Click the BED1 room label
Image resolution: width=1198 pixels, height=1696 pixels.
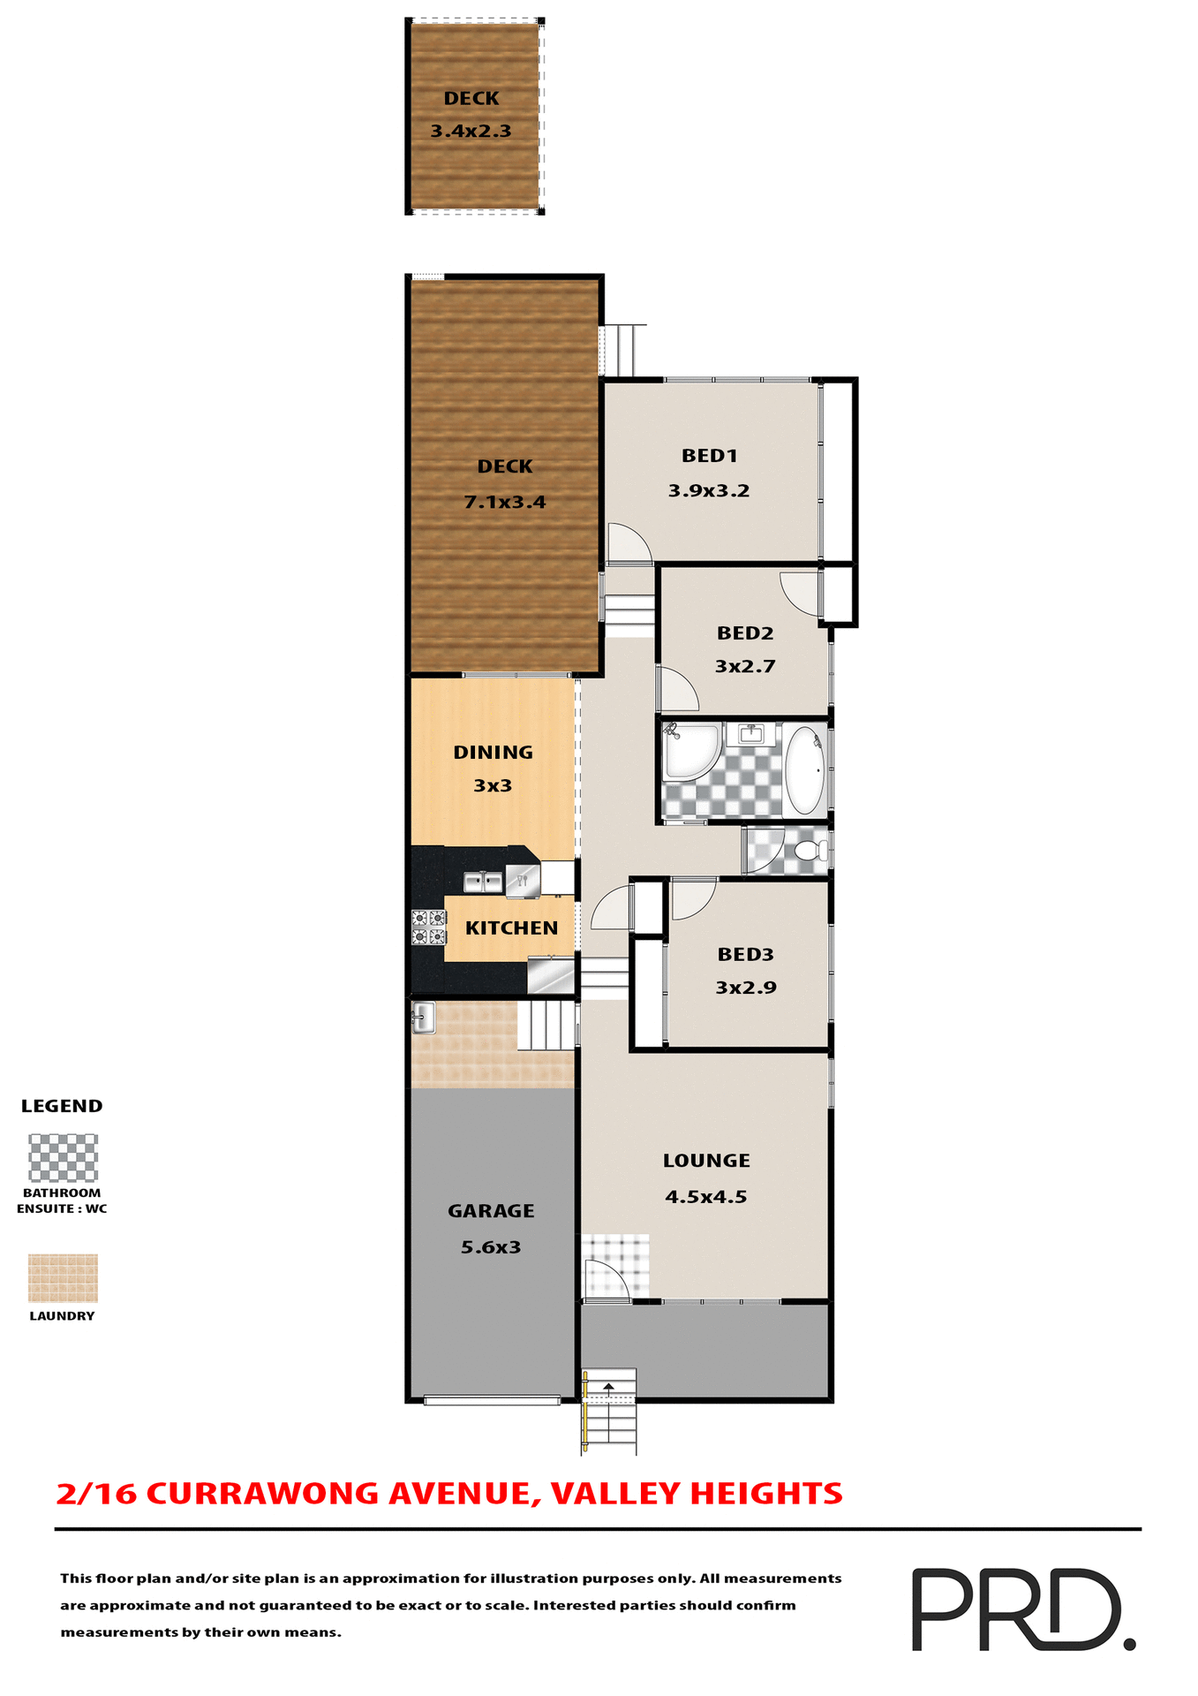click(x=709, y=456)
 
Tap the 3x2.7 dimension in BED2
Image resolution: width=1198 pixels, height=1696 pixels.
click(x=745, y=667)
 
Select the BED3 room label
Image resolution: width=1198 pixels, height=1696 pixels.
click(x=745, y=954)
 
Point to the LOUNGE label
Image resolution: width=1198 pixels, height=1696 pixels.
click(x=706, y=1161)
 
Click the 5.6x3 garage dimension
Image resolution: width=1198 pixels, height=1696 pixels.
click(x=491, y=1247)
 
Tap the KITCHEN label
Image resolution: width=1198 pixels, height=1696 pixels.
click(x=511, y=928)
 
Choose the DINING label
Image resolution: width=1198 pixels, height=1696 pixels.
click(x=493, y=753)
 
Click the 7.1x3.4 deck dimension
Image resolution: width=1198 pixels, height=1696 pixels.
click(x=505, y=503)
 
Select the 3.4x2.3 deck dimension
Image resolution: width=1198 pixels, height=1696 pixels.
click(x=471, y=132)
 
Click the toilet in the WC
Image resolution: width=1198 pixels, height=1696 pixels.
click(x=808, y=851)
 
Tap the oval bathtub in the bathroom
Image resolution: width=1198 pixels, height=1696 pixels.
click(x=804, y=769)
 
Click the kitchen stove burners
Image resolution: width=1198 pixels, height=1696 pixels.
click(x=429, y=927)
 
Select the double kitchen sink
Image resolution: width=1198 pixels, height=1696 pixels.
click(x=483, y=881)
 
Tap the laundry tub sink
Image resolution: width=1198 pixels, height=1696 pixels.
click(x=423, y=1018)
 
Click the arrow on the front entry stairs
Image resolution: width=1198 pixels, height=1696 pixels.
click(x=608, y=1388)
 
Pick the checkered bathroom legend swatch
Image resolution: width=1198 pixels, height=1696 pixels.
click(x=63, y=1158)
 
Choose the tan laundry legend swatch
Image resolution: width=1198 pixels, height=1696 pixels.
click(x=63, y=1277)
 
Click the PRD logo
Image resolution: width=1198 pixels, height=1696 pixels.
click(x=1022, y=1609)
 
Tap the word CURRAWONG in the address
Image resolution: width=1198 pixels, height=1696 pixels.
click(x=263, y=1494)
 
